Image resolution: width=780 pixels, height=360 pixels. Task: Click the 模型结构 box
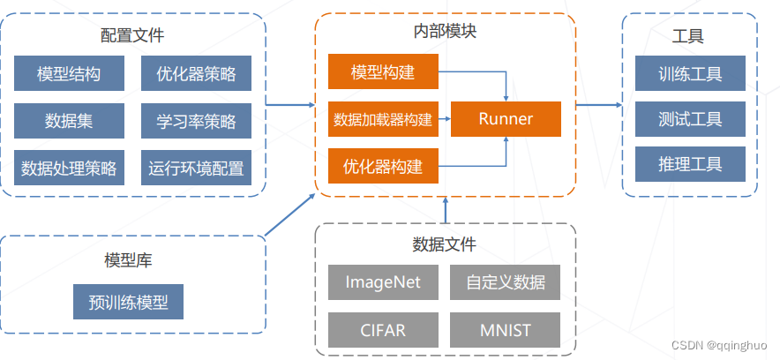(69, 74)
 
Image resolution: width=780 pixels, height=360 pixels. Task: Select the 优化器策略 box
(196, 74)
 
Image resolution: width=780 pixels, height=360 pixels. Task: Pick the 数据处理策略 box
(69, 167)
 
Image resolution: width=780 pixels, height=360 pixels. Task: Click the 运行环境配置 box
(196, 167)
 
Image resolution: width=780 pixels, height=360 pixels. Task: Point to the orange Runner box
(506, 119)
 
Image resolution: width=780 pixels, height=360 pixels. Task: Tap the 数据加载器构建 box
(383, 119)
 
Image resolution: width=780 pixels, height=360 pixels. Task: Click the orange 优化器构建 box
(383, 166)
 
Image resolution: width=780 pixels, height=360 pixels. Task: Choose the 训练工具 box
(690, 74)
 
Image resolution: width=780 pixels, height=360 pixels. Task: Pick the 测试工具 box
(690, 119)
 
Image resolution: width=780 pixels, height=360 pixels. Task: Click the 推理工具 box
(690, 165)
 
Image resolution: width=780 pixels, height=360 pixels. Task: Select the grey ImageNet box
(383, 283)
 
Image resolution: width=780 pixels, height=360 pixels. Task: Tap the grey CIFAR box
(383, 330)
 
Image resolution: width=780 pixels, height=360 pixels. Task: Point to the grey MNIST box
(505, 330)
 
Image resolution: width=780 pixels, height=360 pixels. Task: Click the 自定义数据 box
(505, 283)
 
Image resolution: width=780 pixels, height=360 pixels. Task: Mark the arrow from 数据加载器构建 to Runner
(445, 119)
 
